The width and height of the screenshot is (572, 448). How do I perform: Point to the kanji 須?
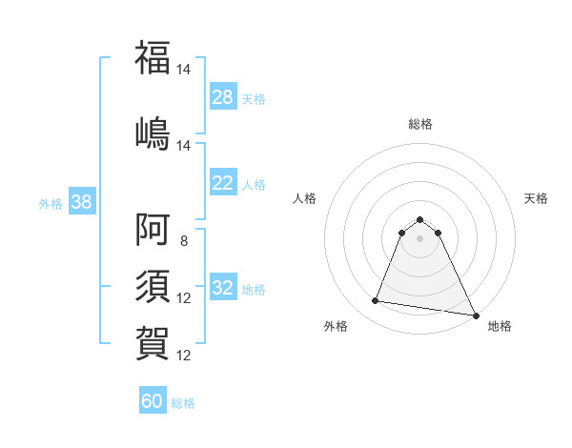pos(153,286)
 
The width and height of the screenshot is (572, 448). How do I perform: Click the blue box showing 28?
pos(223,97)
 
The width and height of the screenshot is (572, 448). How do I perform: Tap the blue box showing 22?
pos(223,183)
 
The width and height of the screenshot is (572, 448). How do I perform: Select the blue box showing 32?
pos(223,288)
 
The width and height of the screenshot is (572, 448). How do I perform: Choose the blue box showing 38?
pos(81,202)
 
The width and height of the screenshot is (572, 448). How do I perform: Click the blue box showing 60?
pos(153,401)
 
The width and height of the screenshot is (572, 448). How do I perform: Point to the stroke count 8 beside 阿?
pos(184,240)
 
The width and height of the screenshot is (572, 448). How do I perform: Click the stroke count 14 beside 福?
pos(184,70)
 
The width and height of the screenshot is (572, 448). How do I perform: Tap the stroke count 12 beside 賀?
pos(184,356)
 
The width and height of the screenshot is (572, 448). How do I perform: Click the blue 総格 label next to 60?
pos(183,403)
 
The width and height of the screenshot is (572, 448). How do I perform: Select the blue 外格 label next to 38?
pos(51,203)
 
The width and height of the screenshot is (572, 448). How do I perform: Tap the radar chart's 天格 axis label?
pos(536,198)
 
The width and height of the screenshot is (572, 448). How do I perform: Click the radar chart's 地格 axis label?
pos(500,326)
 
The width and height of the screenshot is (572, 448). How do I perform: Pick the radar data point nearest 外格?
pos(376,301)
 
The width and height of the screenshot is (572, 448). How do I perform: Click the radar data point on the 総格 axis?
pos(420,217)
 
